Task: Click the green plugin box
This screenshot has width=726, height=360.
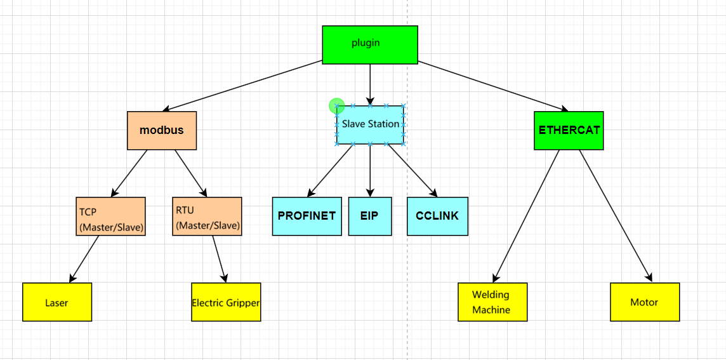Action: [370, 44]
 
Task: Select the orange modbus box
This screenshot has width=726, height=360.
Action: [162, 131]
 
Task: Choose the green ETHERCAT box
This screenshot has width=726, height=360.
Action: [569, 131]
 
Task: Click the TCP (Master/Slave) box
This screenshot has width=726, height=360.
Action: [110, 217]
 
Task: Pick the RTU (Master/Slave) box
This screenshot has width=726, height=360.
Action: [207, 217]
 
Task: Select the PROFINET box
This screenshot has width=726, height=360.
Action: [307, 217]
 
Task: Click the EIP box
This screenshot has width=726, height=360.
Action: [370, 217]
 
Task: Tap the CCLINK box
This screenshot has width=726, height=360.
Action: [437, 217]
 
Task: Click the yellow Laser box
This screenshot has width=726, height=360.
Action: [57, 302]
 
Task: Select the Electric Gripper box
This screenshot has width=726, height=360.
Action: [226, 302]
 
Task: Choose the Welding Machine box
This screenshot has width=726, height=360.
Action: [492, 302]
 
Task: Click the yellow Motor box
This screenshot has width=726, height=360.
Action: [645, 302]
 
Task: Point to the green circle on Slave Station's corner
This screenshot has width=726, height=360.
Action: [336, 106]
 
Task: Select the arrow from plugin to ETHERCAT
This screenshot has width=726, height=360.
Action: [492, 86]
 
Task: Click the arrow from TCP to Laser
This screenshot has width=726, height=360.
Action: [84, 258]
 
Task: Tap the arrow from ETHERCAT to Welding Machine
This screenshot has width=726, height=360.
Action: [526, 216]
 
